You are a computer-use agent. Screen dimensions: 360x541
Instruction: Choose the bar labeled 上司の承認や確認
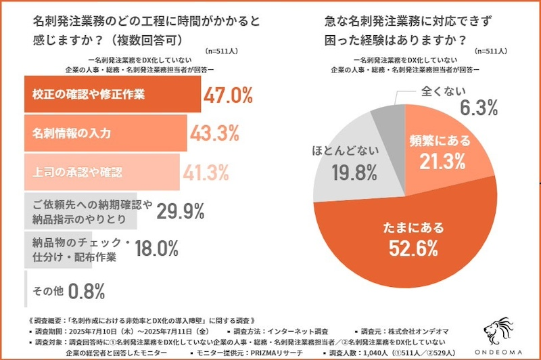point(101,172)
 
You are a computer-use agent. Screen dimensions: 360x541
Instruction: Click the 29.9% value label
point(181,211)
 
